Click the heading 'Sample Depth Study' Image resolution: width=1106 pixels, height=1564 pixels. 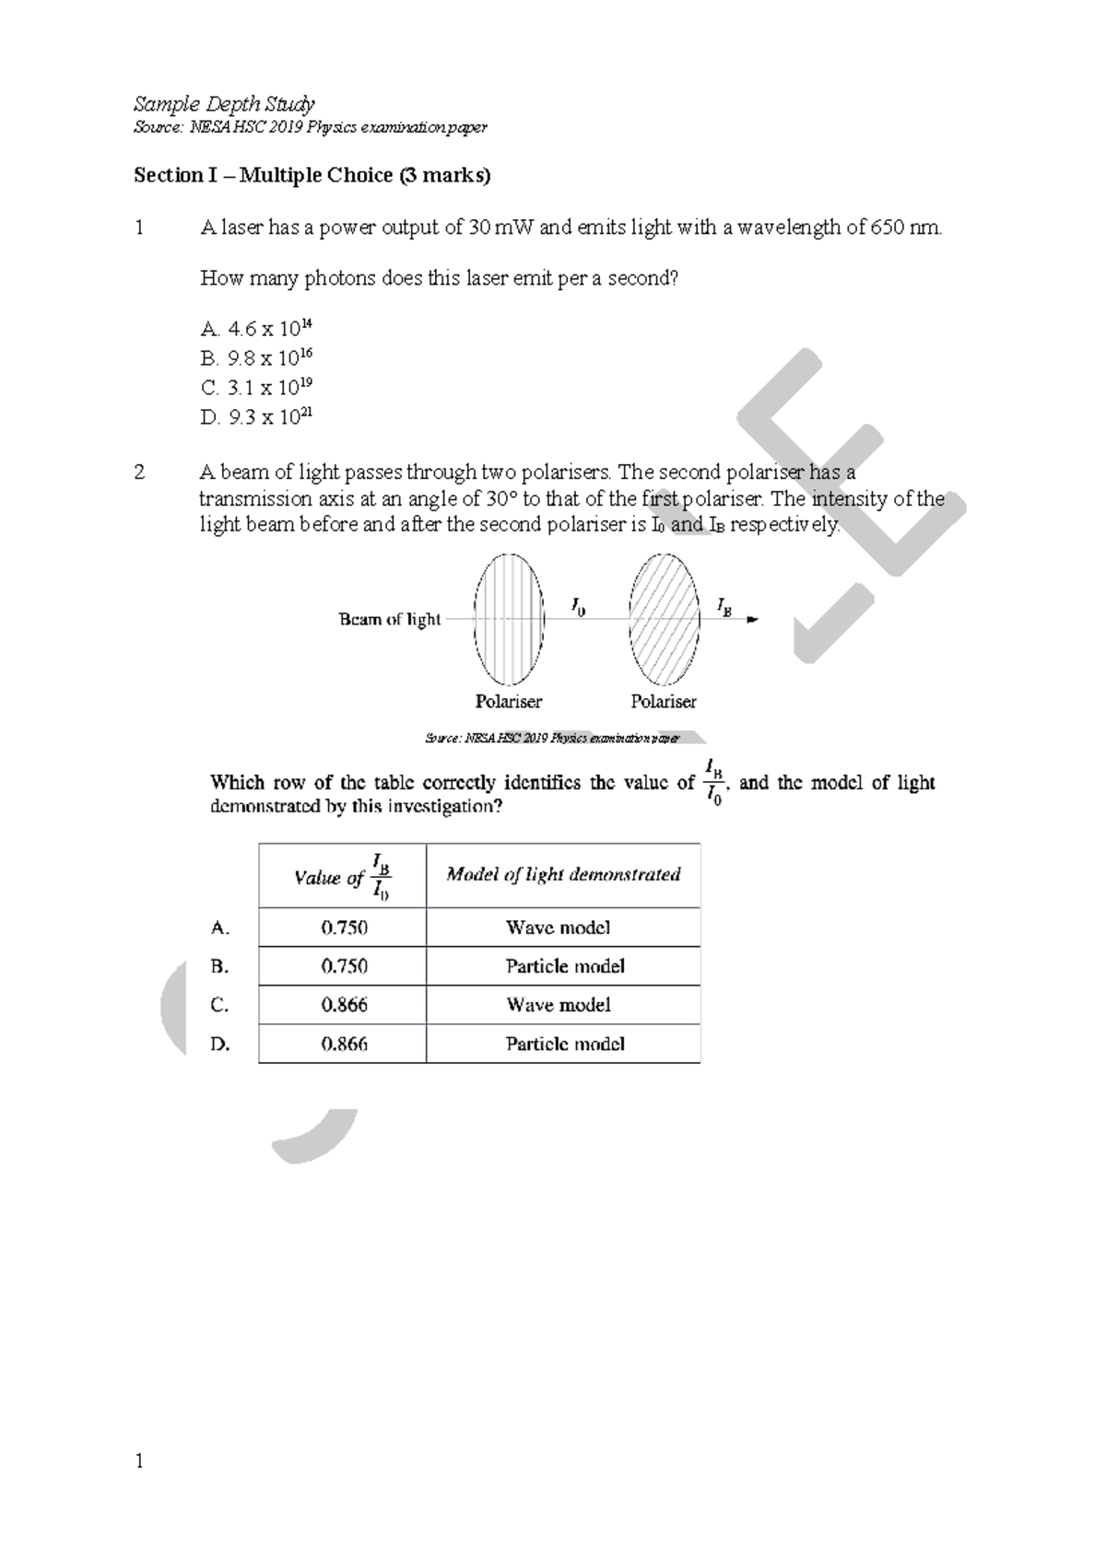click(224, 103)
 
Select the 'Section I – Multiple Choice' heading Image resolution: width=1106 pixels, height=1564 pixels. click(312, 175)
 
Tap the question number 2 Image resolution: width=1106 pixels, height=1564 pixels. click(139, 473)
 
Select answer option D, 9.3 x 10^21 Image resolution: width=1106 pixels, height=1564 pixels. click(257, 417)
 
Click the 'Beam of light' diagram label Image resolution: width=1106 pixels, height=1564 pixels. click(390, 619)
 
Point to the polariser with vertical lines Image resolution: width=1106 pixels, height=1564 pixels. click(508, 619)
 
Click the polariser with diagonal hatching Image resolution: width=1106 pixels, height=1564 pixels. click(663, 619)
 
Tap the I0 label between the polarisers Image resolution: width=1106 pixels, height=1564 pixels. click(578, 606)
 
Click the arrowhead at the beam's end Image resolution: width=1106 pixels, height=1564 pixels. click(751, 620)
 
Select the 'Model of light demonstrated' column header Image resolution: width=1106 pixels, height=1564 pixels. click(563, 874)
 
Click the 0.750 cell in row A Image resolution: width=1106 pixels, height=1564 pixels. click(344, 928)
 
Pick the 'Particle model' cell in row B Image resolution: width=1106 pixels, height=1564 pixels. click(564, 966)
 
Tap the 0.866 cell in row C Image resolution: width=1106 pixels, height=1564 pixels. click(344, 1005)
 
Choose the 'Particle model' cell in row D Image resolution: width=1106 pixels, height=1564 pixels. click(564, 1044)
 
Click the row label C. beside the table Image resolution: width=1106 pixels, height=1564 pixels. click(219, 1005)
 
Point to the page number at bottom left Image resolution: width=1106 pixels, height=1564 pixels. click(139, 1461)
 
